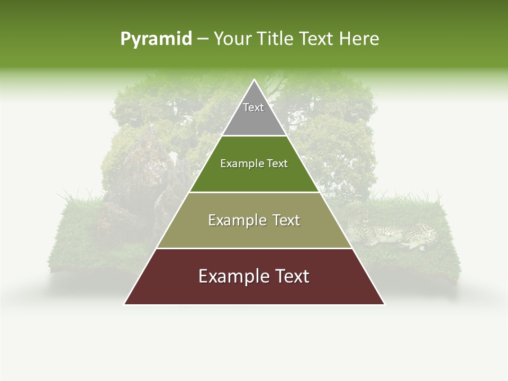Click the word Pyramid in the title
156,39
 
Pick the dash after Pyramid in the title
203,40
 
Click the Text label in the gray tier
253,107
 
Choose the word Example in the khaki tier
235,221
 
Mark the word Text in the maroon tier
290,277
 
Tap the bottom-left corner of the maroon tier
124,304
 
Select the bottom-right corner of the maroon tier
384,304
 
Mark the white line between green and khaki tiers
254,192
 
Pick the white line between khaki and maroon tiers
254,248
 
